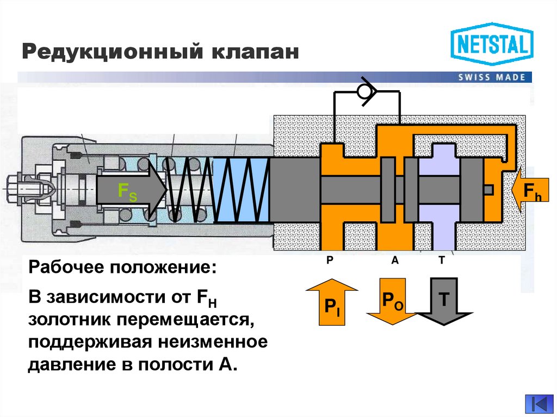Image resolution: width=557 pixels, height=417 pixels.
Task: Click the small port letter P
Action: point(330,260)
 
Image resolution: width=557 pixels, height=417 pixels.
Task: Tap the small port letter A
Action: point(395,260)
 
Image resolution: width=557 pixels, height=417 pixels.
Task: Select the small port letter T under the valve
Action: point(442,260)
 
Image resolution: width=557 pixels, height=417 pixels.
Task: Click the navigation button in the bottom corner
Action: point(538,404)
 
